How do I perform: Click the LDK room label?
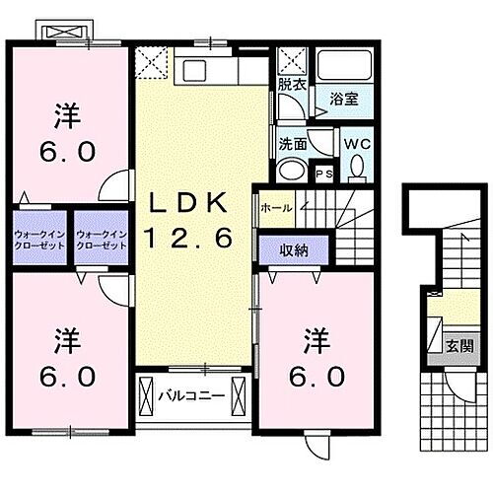click(190, 204)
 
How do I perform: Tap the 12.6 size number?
click(190, 237)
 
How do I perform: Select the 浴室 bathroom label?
click(343, 100)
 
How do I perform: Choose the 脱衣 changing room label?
click(291, 85)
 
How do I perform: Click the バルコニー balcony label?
click(192, 397)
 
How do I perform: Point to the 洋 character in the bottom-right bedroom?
click(316, 336)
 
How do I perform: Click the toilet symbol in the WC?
click(356, 168)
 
